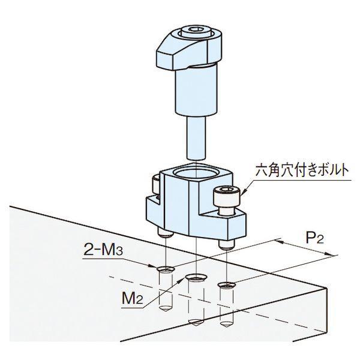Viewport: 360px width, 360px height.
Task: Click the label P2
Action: point(315,239)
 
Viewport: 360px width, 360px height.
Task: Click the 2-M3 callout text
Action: point(103,250)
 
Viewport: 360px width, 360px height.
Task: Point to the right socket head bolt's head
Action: point(227,195)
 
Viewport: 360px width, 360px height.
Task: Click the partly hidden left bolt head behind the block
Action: point(155,184)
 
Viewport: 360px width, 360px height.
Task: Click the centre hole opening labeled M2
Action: point(196,277)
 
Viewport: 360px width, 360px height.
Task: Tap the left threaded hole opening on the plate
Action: point(166,269)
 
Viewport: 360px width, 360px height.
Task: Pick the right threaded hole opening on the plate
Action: point(227,284)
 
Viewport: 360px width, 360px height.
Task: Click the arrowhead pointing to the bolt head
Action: point(244,191)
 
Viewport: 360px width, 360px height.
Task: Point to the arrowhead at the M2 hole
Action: point(183,280)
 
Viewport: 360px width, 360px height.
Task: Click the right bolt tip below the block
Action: point(227,245)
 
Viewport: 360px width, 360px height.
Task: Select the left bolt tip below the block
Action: point(165,233)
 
